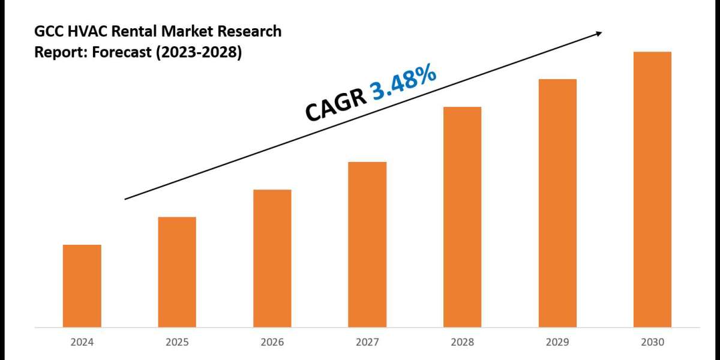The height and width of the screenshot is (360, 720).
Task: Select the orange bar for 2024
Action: pyautogui.click(x=82, y=286)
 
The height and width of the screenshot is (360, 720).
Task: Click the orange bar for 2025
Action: pyautogui.click(x=177, y=272)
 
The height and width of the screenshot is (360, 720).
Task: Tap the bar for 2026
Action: pyautogui.click(x=272, y=258)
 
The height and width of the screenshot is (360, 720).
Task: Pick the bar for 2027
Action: pyautogui.click(x=367, y=244)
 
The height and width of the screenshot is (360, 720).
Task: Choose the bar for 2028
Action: pyautogui.click(x=462, y=217)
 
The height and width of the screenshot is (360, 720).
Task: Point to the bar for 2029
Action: pyautogui.click(x=557, y=203)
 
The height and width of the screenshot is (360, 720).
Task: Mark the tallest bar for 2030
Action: pyautogui.click(x=652, y=189)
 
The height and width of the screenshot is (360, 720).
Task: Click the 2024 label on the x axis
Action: pyautogui.click(x=82, y=343)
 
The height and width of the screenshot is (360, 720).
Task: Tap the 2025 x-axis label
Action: pyautogui.click(x=177, y=343)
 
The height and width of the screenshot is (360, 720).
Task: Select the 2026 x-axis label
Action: pyautogui.click(x=272, y=343)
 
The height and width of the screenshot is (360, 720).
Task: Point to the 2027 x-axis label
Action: pyautogui.click(x=367, y=343)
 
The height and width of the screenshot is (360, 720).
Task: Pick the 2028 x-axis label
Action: pyautogui.click(x=462, y=343)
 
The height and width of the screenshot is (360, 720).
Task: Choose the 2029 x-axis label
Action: pyautogui.click(x=557, y=343)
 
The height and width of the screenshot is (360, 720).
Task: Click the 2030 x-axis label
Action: pyautogui.click(x=652, y=343)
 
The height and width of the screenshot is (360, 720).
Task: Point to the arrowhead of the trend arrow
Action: pyautogui.click(x=598, y=34)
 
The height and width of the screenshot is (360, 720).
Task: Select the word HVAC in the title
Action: pyautogui.click(x=81, y=31)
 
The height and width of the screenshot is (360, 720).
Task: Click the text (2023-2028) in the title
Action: pyautogui.click(x=206, y=52)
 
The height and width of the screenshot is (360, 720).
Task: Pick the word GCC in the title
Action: pyautogui.click(x=47, y=31)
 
